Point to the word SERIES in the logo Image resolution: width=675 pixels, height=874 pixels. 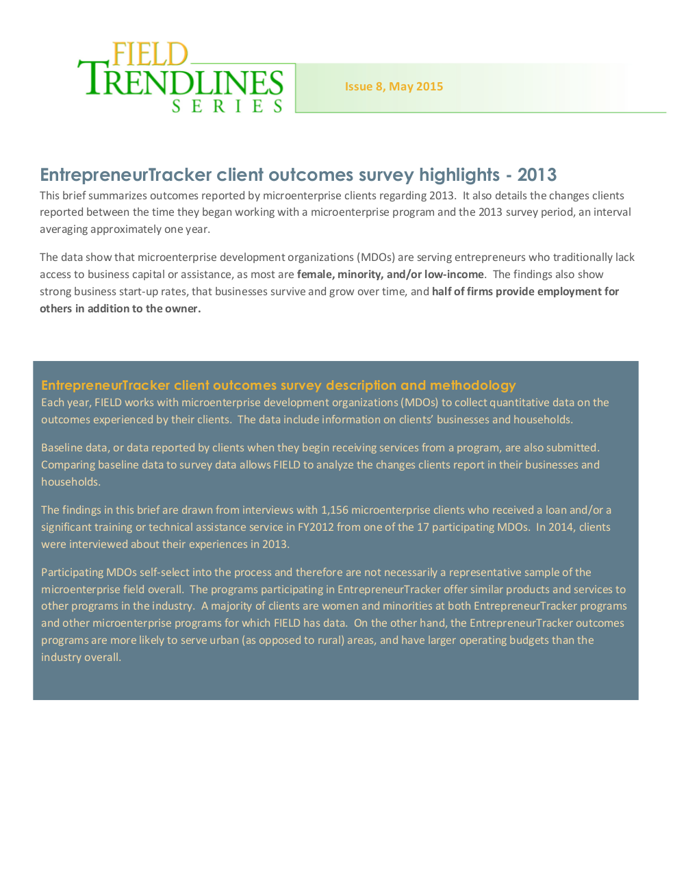227,106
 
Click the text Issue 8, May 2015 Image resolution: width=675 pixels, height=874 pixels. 394,86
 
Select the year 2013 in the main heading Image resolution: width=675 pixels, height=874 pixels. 537,175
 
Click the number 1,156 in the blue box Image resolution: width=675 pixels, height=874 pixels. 334,510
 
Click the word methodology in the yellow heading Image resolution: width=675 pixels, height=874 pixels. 472,385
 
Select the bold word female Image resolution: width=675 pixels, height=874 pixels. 315,274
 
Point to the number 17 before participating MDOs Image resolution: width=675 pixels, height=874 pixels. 423,527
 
